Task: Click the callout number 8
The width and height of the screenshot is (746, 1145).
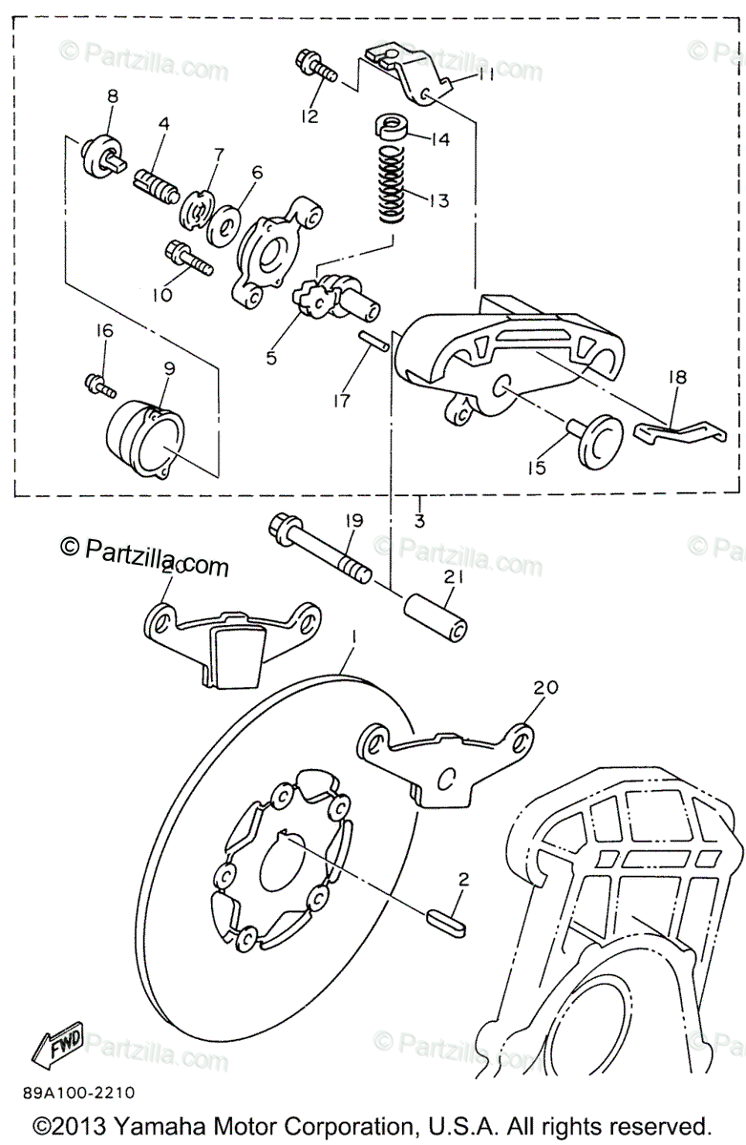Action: (112, 95)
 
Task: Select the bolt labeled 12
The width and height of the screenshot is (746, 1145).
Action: (317, 69)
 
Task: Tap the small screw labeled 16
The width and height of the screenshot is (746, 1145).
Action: (99, 385)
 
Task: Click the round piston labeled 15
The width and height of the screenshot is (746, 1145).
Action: (597, 439)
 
